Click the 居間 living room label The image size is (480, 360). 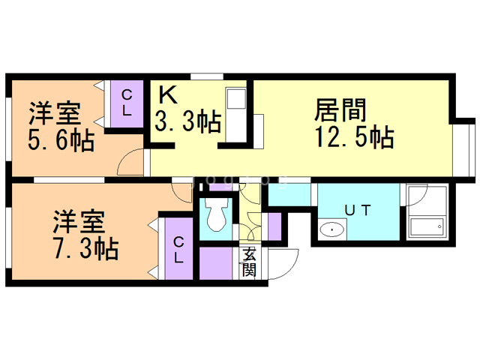[340, 111]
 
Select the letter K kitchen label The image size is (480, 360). [167, 95]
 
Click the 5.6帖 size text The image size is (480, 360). [61, 140]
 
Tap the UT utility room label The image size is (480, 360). [356, 210]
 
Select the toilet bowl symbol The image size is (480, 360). [217, 217]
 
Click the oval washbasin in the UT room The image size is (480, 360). [331, 229]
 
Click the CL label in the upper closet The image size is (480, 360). [127, 102]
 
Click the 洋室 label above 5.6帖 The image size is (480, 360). [55, 115]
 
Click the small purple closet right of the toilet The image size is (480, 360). [274, 226]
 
